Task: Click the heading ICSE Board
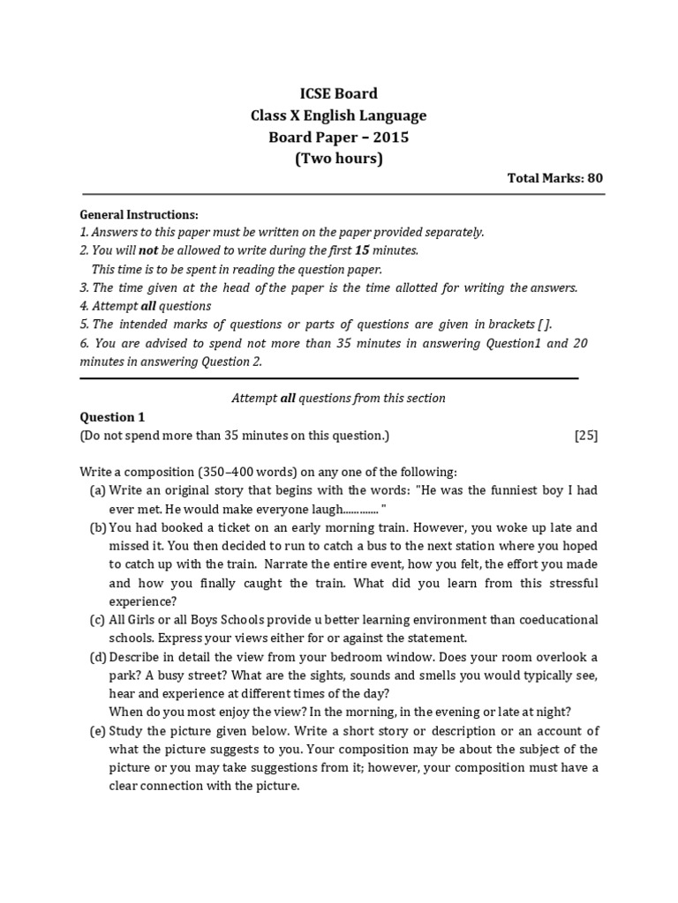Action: tap(338, 93)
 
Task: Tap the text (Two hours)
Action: tap(338, 159)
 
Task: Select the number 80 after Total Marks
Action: tap(595, 178)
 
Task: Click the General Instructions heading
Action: tap(139, 215)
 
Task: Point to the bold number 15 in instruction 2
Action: tap(361, 250)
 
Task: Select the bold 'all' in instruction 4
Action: tap(148, 306)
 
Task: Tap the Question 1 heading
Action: tap(112, 417)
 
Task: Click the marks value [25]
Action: tap(586, 436)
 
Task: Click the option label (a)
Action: tap(97, 490)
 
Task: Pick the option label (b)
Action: tap(97, 528)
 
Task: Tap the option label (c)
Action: tap(97, 620)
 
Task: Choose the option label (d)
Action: tap(97, 657)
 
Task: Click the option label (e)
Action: tap(97, 730)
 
